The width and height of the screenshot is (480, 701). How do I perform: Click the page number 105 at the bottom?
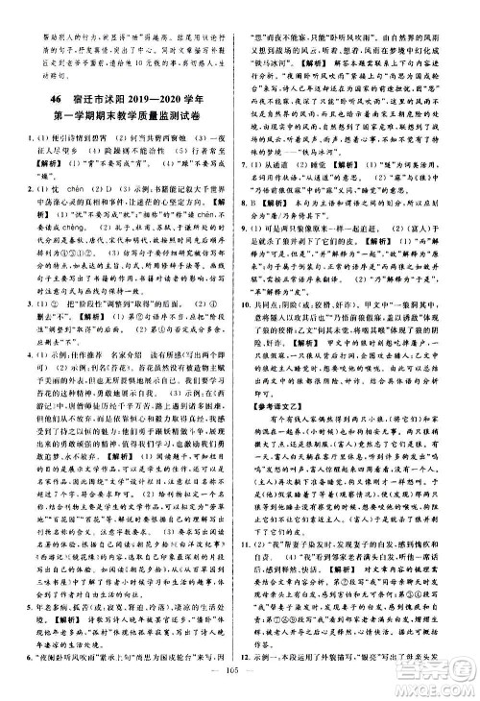pyautogui.click(x=240, y=686)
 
